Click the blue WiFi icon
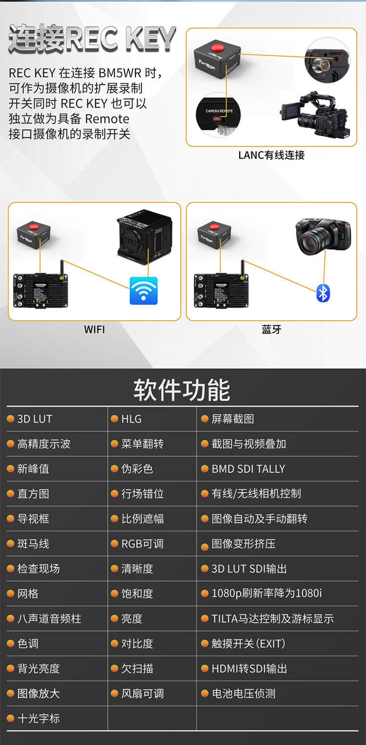[x=143, y=290]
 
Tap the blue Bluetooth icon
[x=323, y=293]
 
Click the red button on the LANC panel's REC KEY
[x=217, y=46]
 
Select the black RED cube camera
[x=145, y=237]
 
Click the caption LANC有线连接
[x=271, y=155]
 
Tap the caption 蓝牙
[x=271, y=329]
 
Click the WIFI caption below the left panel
[x=95, y=329]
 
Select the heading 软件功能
[x=182, y=389]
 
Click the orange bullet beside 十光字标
[x=10, y=718]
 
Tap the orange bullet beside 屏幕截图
[x=204, y=419]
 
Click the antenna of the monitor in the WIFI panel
[x=61, y=269]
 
